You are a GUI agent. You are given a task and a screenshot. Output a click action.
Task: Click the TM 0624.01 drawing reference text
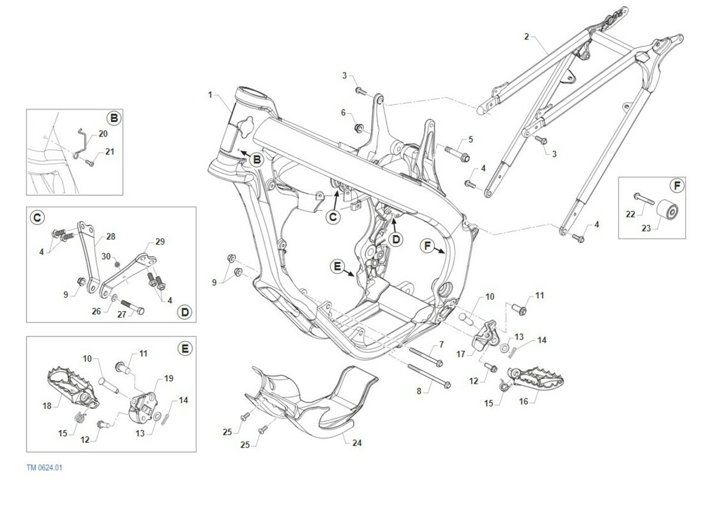coord(45,468)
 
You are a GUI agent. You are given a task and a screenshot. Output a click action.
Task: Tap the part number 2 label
coord(527,37)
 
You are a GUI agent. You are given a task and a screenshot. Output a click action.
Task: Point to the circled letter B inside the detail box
coord(114,118)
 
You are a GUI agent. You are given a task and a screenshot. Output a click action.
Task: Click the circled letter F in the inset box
coord(677,186)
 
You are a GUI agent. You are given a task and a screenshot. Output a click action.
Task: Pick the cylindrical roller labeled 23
coord(667,209)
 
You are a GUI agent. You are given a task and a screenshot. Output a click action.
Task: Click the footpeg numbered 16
coord(536,380)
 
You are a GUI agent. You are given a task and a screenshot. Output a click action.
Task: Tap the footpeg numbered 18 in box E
coord(73,387)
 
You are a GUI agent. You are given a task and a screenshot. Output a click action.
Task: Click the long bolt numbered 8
coord(430,377)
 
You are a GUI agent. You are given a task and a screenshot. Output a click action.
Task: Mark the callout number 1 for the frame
coord(210,95)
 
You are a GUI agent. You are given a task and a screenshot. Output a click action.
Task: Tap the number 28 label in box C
coord(111,236)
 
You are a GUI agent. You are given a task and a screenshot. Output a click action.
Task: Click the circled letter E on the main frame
coord(338,267)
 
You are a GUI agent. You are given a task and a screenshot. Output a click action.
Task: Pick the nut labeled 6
coord(359,128)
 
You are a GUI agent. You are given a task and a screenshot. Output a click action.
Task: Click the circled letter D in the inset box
coord(184,312)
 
